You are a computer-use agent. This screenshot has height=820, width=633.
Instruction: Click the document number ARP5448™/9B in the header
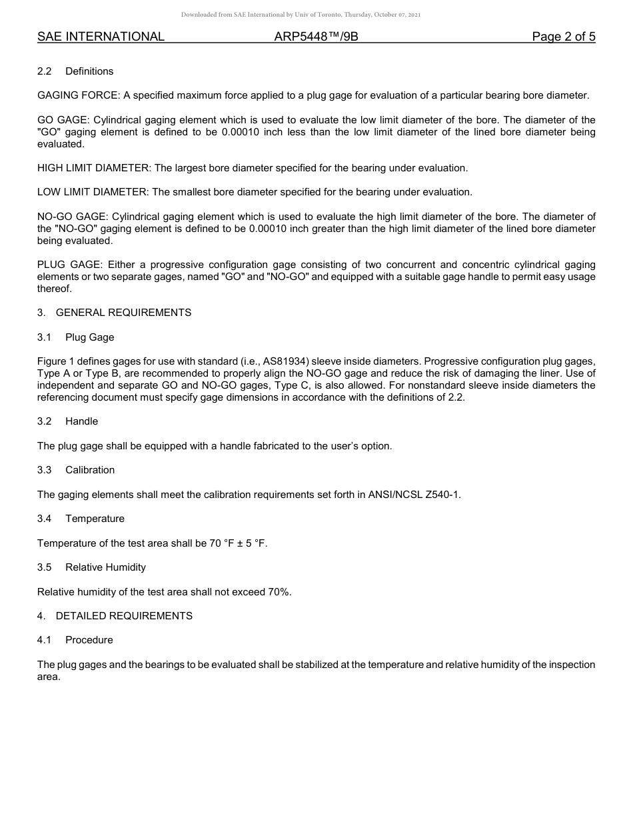(316, 37)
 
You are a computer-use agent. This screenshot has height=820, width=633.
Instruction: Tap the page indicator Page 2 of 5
(563, 37)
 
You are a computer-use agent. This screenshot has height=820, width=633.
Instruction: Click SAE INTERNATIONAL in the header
(101, 37)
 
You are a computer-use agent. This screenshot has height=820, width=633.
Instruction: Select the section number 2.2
(44, 71)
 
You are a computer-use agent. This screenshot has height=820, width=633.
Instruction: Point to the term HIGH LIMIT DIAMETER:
(95, 168)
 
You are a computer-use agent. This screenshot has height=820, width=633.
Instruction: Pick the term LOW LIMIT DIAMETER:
(93, 192)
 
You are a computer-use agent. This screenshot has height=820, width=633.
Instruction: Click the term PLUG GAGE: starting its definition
(69, 265)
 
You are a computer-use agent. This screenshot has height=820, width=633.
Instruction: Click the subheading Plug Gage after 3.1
(89, 337)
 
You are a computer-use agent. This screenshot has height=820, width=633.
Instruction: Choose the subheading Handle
(81, 421)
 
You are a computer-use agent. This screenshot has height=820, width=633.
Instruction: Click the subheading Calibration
(90, 470)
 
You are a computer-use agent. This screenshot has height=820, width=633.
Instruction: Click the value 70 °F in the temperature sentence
(221, 543)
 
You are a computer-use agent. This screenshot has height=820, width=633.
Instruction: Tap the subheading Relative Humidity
(105, 567)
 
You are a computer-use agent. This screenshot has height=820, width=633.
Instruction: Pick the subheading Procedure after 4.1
(89, 640)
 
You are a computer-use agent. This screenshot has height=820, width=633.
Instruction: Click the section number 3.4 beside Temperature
(44, 519)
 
